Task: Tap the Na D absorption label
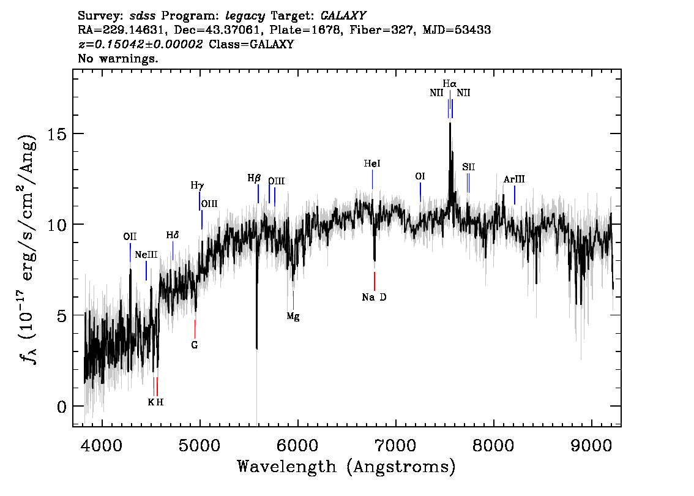tap(374, 298)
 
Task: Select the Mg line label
tap(293, 317)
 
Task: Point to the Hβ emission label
tap(254, 178)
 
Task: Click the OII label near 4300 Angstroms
tap(130, 236)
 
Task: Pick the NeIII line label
tap(146, 255)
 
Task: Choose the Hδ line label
tap(173, 235)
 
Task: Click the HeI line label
tap(372, 164)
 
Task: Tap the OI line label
tap(420, 176)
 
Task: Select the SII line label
tap(469, 167)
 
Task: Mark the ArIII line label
tap(514, 179)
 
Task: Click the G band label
tap(195, 345)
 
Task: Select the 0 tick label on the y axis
tap(60, 406)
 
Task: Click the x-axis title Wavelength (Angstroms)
tap(346, 467)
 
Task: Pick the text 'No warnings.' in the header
tap(118, 59)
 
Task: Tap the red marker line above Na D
tap(375, 281)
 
